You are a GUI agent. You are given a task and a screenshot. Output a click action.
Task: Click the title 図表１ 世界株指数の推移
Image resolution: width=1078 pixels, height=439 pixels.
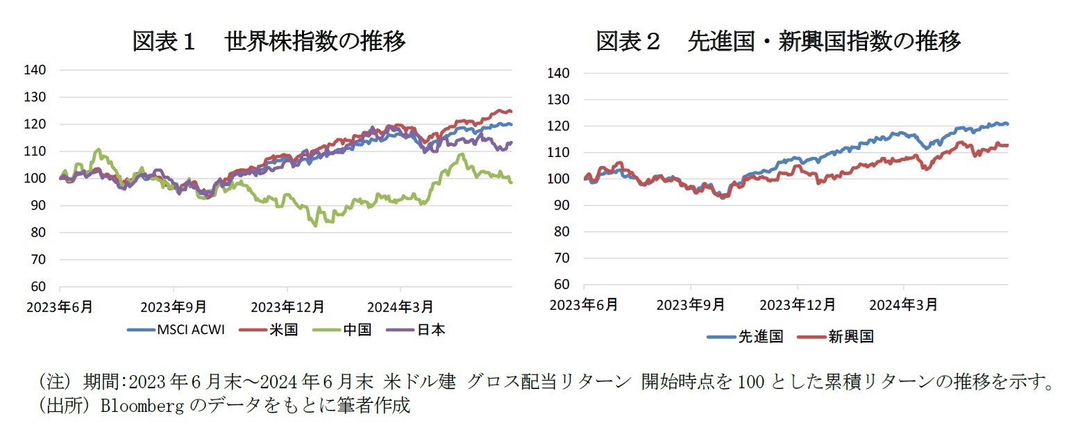click(x=269, y=42)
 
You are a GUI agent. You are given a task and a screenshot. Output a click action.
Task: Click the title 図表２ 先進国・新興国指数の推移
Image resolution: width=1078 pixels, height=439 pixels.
click(x=778, y=42)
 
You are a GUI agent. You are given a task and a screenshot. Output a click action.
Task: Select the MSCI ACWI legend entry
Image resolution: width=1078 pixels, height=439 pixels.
click(x=175, y=330)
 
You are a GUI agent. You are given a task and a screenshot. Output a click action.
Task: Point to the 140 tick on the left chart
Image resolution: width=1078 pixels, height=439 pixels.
click(x=37, y=70)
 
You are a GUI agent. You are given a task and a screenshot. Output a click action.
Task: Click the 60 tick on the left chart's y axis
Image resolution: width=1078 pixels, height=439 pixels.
click(x=40, y=286)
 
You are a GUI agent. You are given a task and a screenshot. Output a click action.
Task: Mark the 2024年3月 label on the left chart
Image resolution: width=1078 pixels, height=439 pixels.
click(x=401, y=306)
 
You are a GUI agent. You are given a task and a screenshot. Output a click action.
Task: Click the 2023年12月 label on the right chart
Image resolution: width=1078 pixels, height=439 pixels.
click(x=798, y=304)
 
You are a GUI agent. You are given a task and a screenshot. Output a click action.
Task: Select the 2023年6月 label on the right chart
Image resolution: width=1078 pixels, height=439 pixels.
click(x=584, y=304)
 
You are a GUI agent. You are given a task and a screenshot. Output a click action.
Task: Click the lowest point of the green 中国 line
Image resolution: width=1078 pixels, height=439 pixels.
click(x=316, y=226)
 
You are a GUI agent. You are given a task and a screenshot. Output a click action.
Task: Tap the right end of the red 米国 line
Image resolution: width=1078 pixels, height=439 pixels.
click(x=511, y=111)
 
